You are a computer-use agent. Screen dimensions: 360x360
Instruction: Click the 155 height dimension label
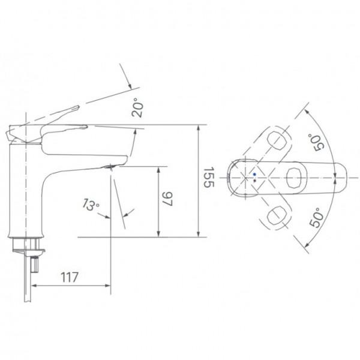click(x=209, y=177)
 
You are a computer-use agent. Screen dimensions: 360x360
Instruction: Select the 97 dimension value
click(x=168, y=199)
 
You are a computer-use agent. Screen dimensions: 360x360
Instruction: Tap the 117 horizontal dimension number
click(x=70, y=277)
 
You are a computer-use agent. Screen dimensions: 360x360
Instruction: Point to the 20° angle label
click(x=137, y=107)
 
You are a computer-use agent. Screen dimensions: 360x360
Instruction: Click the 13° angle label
click(x=91, y=205)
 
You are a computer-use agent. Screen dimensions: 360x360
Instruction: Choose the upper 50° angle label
click(x=316, y=142)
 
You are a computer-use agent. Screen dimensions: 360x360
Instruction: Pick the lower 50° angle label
click(x=317, y=217)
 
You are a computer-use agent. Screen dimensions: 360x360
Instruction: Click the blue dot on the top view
click(x=254, y=174)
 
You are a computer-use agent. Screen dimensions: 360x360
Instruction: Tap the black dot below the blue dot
click(x=254, y=181)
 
